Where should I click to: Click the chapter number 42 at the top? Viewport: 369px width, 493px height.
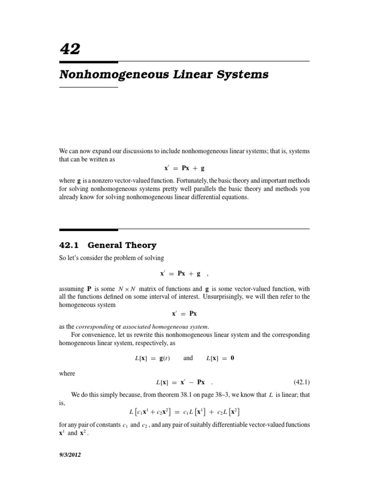[70, 49]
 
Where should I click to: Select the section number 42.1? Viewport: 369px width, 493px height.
[70, 245]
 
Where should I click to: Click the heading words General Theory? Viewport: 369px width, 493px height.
[122, 245]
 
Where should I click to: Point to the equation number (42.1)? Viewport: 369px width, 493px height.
[301, 382]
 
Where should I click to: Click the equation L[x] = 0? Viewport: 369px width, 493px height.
[220, 358]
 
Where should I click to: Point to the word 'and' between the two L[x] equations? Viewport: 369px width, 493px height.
[188, 358]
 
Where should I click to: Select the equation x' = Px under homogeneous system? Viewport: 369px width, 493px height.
[184, 313]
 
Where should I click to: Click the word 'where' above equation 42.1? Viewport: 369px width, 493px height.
[67, 373]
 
